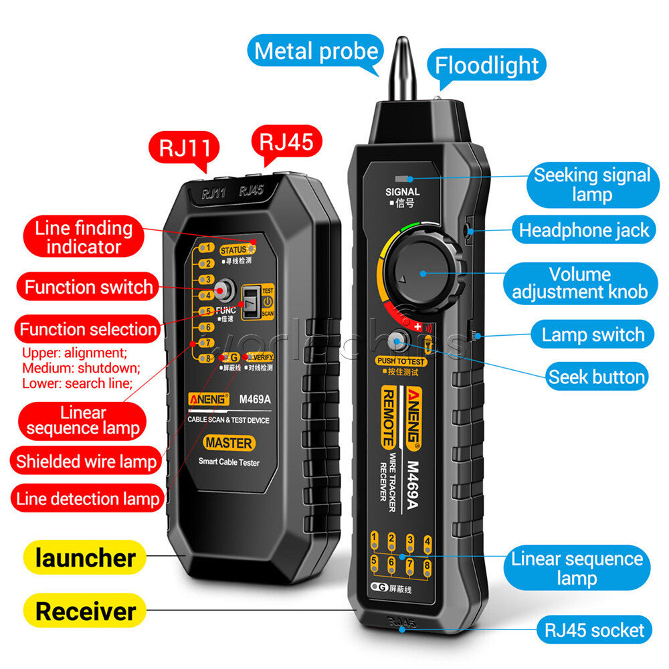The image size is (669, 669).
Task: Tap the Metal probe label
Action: (x=316, y=52)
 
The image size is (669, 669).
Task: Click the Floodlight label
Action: (x=486, y=65)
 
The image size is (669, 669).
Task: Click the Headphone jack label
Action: (x=584, y=231)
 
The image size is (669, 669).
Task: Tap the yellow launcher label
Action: (x=85, y=558)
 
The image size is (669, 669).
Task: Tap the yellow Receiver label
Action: (x=85, y=611)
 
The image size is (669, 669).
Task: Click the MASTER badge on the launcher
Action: (x=229, y=443)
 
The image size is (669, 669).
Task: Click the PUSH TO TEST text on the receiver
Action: (x=401, y=361)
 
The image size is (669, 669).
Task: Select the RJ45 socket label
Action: (x=594, y=630)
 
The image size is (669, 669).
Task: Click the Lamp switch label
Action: (x=593, y=334)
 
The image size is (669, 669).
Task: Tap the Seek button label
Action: (x=596, y=377)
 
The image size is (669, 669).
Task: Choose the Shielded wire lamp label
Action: (x=86, y=461)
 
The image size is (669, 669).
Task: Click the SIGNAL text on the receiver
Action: (x=403, y=192)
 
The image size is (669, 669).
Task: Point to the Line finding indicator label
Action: (x=84, y=237)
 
